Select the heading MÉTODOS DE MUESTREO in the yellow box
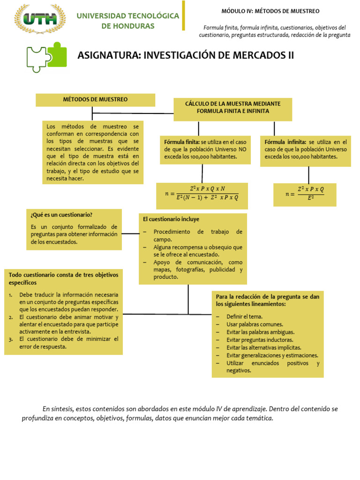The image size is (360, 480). coord(95,99)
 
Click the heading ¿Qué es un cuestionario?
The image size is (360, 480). coord(61,215)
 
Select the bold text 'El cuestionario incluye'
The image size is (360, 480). coord(171,219)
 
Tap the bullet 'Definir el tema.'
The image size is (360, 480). coord(244,316)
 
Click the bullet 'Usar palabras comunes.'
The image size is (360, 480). coord(255,324)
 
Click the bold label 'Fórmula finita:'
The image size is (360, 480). coord(181,142)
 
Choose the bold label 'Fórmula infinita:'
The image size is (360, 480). coord(285,142)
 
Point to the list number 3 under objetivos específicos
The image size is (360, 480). coord(10,339)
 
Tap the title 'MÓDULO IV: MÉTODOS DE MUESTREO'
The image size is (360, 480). coord(270,11)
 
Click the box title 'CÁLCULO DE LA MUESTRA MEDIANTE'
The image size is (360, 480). coord(232,104)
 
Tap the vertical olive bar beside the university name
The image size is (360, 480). coord(183,15)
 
